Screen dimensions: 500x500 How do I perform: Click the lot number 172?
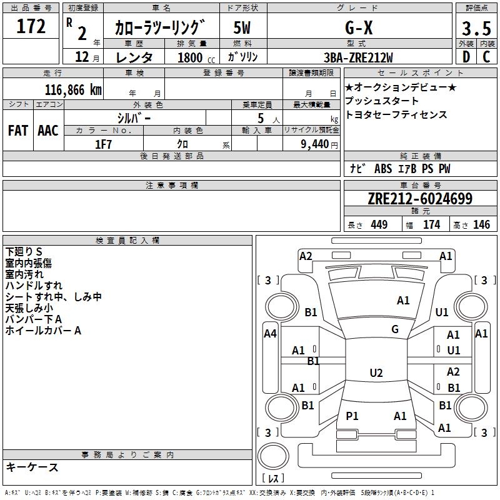coord(31,26)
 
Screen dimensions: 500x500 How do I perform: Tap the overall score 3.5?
coord(476,28)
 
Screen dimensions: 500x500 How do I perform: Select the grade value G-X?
coord(359,27)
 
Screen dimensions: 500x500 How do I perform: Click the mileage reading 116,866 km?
coord(73,90)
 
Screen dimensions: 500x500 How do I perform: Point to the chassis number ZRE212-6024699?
coord(420,199)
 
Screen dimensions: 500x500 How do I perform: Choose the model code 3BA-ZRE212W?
coord(358,57)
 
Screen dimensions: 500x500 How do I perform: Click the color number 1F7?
coord(103,144)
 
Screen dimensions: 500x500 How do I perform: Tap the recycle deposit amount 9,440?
coord(315,144)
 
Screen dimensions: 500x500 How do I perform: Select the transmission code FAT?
coord(18,131)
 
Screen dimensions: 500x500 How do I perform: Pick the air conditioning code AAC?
coord(48,131)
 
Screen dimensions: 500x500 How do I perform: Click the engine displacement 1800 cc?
coord(196,57)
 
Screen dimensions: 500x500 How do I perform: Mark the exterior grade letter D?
coord(466,57)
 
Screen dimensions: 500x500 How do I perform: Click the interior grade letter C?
coord(486,57)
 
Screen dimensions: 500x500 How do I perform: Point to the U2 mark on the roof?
coord(376,372)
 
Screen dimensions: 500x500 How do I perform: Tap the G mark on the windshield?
coord(395,329)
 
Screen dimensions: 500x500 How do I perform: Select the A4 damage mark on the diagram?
coord(270,334)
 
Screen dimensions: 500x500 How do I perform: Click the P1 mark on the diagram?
coord(352,416)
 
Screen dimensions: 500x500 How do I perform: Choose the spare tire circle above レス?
coord(273,456)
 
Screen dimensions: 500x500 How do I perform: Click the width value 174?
coord(431,224)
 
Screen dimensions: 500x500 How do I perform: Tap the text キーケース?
coord(32,467)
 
